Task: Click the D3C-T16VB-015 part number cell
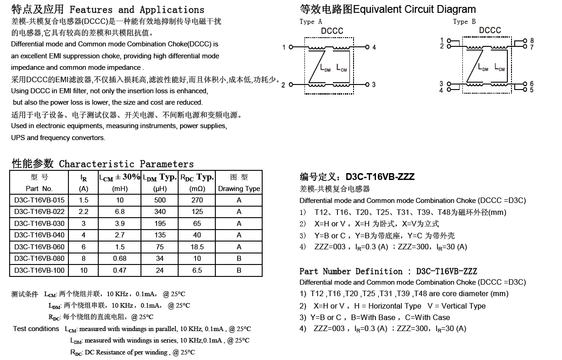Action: click(39, 200)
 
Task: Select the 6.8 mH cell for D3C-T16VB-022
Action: click(120, 212)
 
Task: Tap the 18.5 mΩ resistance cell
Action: click(197, 247)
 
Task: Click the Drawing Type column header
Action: click(239, 189)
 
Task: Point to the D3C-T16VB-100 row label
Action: click(39, 270)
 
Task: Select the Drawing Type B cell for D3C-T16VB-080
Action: click(239, 259)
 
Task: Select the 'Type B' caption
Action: click(464, 22)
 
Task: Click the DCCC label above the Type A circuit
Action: click(332, 31)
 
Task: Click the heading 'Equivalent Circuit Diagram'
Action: click(415, 9)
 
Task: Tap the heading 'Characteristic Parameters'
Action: click(126, 164)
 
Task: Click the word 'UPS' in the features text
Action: click(18, 138)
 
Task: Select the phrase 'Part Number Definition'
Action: click(351, 271)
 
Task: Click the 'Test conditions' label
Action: click(36, 329)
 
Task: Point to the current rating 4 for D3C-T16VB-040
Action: click(84, 235)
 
